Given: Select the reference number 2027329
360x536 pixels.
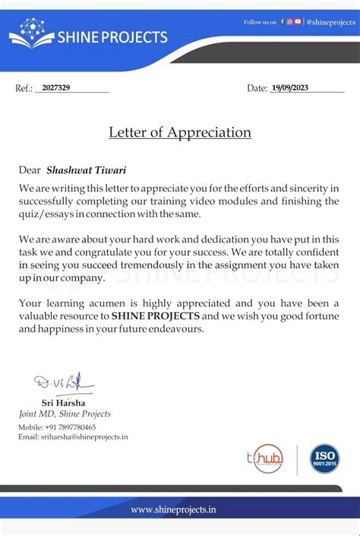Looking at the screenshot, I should [56, 89].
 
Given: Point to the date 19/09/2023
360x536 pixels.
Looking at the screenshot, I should [289, 89].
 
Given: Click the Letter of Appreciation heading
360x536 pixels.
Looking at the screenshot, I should [179, 132].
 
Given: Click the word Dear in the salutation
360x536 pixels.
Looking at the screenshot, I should [30, 170].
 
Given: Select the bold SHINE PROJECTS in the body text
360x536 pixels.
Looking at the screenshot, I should [155, 316].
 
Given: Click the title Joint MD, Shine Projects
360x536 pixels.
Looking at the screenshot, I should [65, 414].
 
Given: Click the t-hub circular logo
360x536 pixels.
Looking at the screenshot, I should [267, 459].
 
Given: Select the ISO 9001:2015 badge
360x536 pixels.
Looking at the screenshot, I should [324, 459].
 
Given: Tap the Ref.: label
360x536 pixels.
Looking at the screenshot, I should [24, 89].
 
